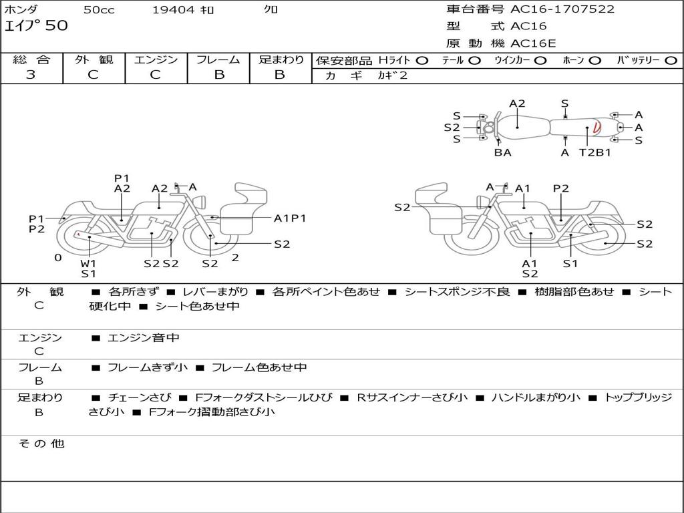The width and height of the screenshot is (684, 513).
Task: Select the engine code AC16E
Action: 533,43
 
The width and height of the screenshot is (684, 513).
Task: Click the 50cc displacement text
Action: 98,10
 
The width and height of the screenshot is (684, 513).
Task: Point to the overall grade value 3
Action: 31,75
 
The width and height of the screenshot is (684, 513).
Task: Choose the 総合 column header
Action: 31,60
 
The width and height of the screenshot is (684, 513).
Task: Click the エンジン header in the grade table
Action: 156,60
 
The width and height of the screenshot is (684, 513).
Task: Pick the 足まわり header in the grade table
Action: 281,60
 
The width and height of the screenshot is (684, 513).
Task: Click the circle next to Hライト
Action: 422,61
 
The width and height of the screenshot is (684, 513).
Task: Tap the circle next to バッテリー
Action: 671,61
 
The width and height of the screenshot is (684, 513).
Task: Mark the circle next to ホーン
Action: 594,61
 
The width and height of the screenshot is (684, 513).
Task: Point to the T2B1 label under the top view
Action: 594,152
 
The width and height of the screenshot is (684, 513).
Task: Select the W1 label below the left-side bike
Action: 89,263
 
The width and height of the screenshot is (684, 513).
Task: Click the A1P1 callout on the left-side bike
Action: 290,218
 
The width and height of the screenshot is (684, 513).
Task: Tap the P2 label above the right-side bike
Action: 561,188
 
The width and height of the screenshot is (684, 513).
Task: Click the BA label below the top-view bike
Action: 502,152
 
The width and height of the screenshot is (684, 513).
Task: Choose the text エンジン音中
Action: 143,338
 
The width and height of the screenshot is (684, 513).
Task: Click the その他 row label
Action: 41,444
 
